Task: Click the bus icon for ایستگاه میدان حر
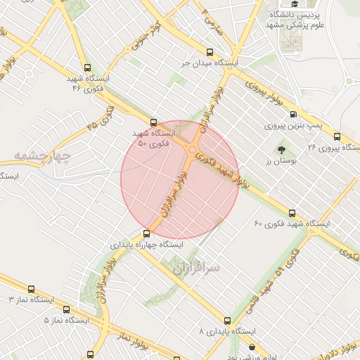[210, 52]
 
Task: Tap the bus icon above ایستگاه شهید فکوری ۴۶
[87, 68]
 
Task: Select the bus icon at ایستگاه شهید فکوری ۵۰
[154, 122]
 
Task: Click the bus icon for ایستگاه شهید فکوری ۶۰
[292, 213]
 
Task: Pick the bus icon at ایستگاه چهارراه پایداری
[146, 234]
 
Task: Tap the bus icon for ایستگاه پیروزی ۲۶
[337, 136]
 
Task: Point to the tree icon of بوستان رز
[281, 150]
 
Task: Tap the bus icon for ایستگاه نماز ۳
[30, 289]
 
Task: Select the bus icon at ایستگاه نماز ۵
[66, 309]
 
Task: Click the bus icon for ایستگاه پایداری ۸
[226, 320]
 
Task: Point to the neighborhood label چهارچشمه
[43, 155]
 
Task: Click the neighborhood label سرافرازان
[195, 268]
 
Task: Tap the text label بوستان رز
[278, 162]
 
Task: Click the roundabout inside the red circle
[193, 149]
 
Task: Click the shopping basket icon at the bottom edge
[252, 347]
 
